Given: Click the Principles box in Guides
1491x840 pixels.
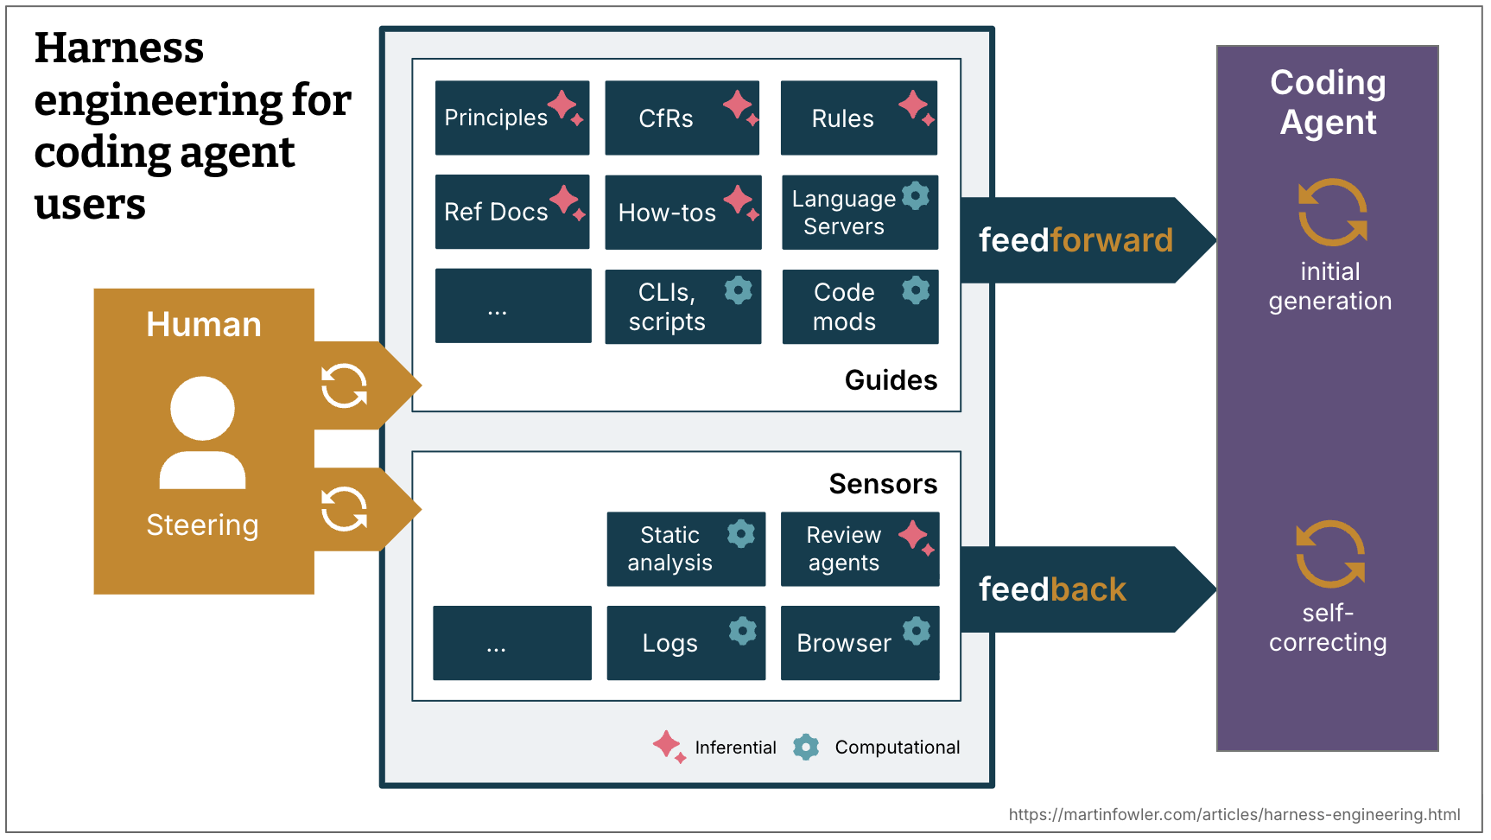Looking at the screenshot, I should (511, 118).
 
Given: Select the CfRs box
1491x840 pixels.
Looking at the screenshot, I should (682, 118).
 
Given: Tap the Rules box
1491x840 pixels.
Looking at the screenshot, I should (858, 118).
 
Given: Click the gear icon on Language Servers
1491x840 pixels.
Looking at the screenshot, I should (916, 196).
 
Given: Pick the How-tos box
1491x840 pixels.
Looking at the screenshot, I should (682, 213).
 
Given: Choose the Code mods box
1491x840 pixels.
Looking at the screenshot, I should (860, 307).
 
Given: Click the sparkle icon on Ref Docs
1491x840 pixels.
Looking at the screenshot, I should (567, 201).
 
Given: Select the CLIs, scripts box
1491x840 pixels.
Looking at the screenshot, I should (682, 307).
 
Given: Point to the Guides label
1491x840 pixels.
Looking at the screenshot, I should (891, 380).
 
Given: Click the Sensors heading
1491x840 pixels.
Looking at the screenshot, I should (883, 484).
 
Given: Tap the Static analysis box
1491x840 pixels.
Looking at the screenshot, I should (685, 549).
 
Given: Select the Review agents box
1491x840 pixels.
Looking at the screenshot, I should (860, 549).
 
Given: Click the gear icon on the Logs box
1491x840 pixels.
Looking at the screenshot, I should (742, 631).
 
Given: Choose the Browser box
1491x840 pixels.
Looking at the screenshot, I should (860, 643).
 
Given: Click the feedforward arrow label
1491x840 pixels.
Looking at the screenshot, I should (1075, 240).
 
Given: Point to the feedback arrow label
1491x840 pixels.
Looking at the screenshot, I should (1052, 589).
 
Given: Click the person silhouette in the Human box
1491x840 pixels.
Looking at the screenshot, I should (203, 432).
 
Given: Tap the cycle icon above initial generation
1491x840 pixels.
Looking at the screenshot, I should (1332, 213).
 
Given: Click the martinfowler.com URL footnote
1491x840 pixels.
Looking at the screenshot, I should (1234, 814).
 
